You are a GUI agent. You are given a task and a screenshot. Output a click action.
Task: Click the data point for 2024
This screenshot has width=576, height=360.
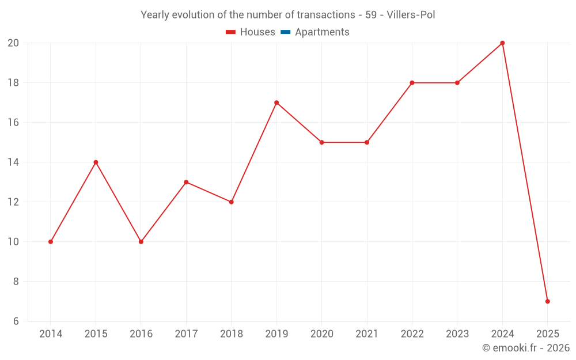click(502, 43)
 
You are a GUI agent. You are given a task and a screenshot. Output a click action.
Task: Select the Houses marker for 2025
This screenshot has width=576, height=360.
click(548, 301)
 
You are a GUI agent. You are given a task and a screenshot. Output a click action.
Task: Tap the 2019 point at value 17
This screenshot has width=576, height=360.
click(276, 103)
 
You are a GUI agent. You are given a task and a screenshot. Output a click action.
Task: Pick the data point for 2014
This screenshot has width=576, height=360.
click(51, 242)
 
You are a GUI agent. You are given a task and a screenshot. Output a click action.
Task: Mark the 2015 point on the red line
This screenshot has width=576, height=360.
click(96, 162)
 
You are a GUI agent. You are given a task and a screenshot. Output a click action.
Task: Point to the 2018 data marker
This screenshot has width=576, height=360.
click(231, 202)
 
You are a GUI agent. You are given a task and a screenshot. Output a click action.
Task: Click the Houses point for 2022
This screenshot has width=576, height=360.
click(412, 83)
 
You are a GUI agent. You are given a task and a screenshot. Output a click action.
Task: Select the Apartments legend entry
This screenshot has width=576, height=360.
click(322, 32)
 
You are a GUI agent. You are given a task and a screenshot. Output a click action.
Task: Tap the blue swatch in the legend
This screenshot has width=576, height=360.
click(285, 32)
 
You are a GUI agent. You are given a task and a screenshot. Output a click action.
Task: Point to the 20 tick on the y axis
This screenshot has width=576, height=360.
click(13, 43)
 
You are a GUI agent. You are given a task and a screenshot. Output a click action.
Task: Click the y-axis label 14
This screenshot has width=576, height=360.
click(13, 162)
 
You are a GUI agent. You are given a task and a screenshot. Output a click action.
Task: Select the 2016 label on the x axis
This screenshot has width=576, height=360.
click(141, 334)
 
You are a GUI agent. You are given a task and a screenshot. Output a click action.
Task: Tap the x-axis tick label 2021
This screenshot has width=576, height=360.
click(367, 334)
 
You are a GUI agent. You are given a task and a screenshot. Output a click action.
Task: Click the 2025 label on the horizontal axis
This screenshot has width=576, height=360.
click(548, 334)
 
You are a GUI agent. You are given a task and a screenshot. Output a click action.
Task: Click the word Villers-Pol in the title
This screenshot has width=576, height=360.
click(412, 15)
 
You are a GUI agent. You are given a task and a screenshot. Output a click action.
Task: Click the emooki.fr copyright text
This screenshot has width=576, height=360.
click(526, 348)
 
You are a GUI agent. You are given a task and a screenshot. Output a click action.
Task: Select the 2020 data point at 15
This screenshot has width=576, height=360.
click(321, 142)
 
